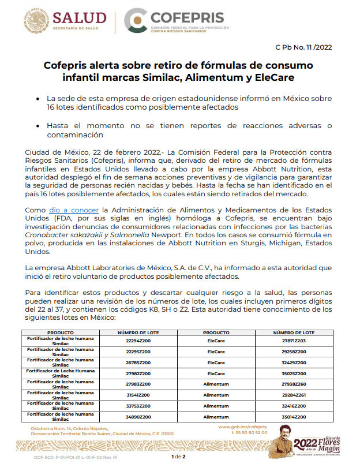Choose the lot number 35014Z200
pos(294,416)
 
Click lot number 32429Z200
pos(294,363)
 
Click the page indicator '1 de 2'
pos(179,457)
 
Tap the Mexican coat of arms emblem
pos(36,19)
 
